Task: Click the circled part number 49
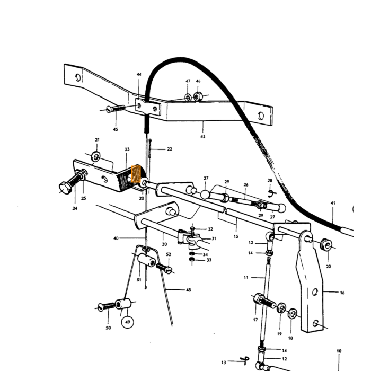[x=128, y=322]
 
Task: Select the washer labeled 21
[x=96, y=156]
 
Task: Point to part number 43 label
[x=203, y=137]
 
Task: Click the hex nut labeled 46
[x=198, y=96]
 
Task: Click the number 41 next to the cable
[x=333, y=203]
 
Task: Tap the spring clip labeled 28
[x=271, y=193]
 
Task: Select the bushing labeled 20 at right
[x=326, y=245]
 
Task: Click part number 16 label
[x=342, y=293]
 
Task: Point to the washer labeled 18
[x=293, y=314]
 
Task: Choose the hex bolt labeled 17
[x=264, y=300]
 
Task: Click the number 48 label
[x=188, y=290]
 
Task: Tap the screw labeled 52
[x=164, y=268]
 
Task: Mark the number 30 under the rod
[x=164, y=244]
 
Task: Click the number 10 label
[x=339, y=351]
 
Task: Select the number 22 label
[x=170, y=149]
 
